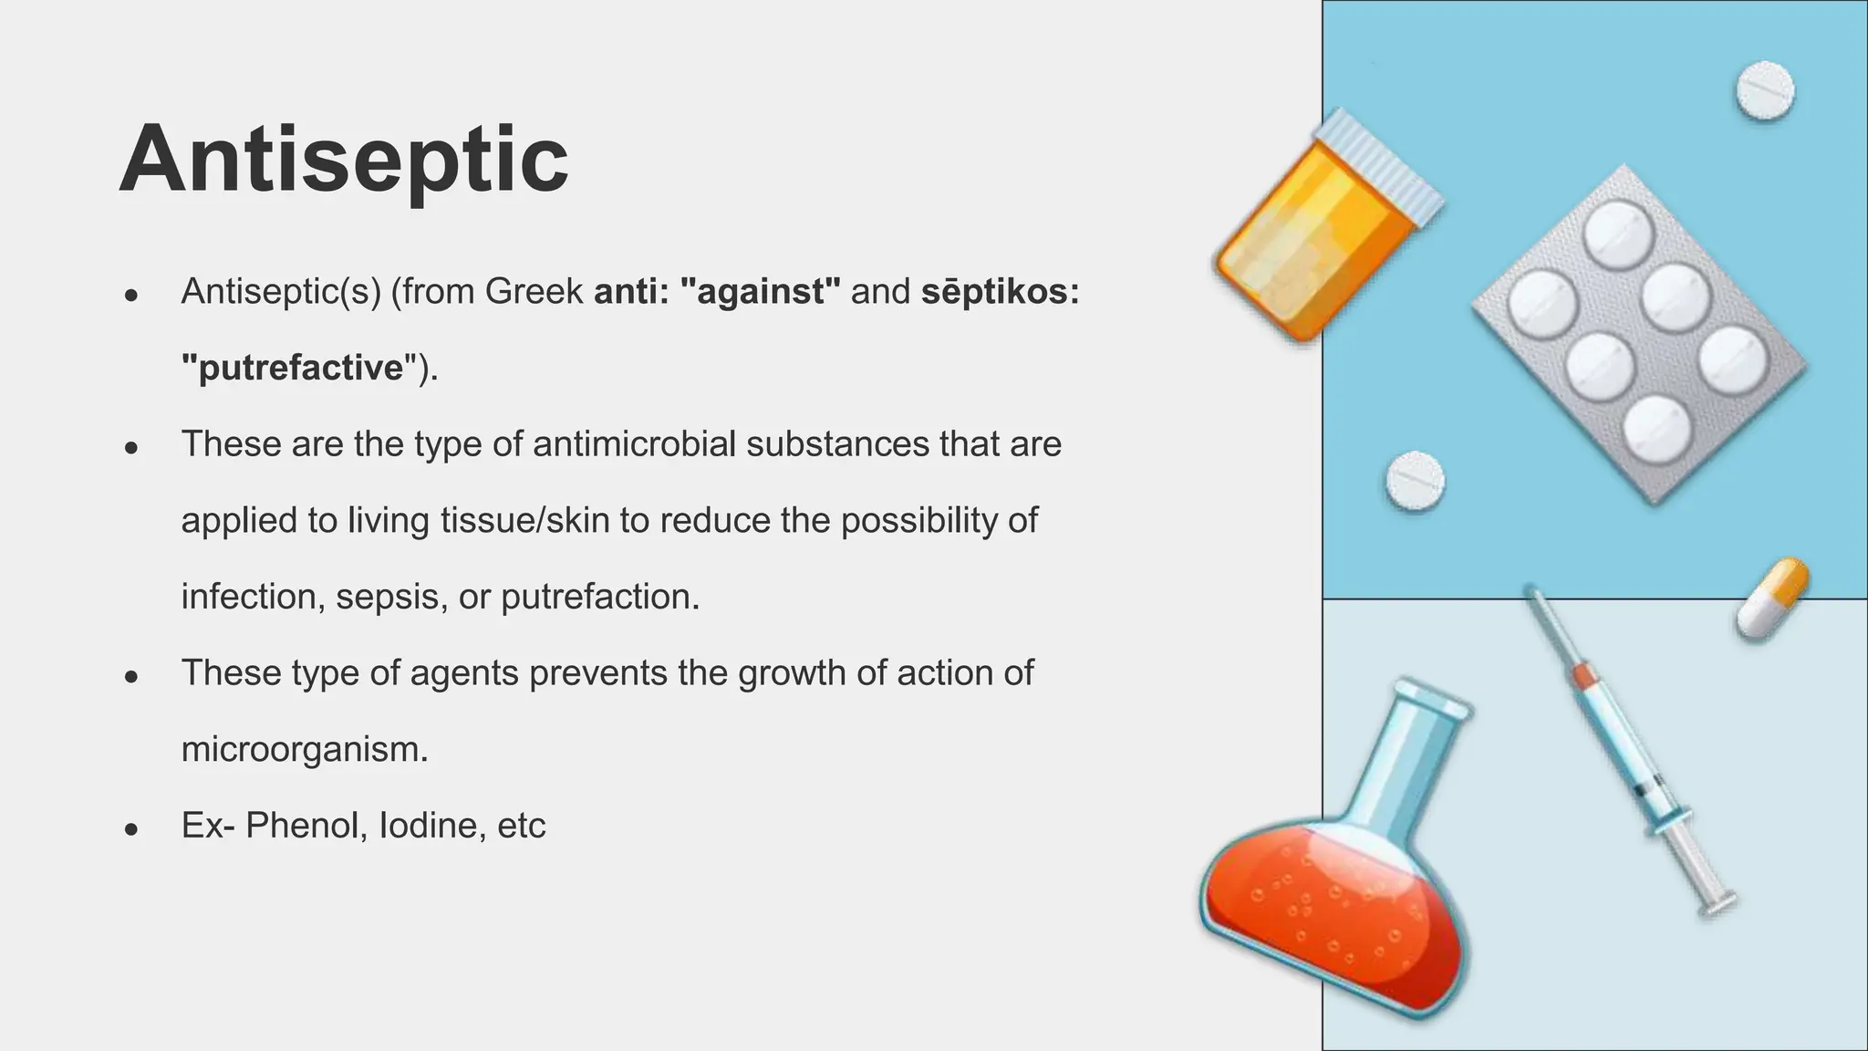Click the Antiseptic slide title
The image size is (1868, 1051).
click(x=344, y=161)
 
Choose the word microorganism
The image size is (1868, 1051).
click(x=304, y=750)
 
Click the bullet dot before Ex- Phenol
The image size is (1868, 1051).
click(x=131, y=828)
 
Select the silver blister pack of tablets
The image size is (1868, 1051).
click(x=1638, y=333)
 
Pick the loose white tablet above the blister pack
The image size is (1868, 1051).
click(x=1764, y=90)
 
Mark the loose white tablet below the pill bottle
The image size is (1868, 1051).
click(x=1415, y=481)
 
